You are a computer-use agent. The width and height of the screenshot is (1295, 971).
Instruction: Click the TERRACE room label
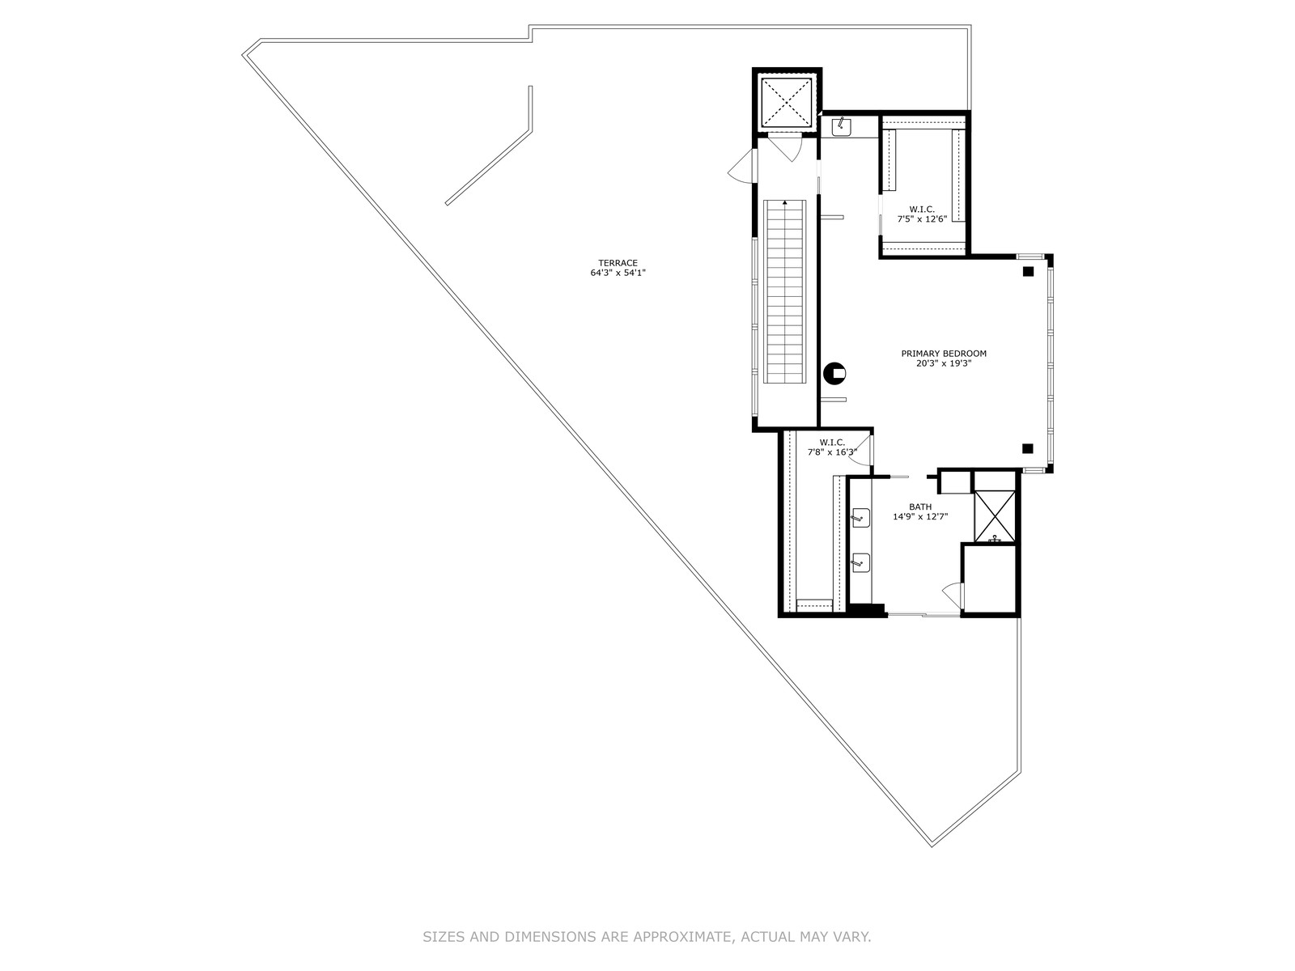[x=617, y=263]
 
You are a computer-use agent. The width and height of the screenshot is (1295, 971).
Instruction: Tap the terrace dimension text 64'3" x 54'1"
[x=617, y=273]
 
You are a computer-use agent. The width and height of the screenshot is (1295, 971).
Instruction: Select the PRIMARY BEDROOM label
[x=943, y=354]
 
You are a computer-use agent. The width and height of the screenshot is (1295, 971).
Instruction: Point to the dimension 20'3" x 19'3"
[x=943, y=364]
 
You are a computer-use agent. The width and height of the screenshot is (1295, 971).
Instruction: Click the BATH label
[x=919, y=507]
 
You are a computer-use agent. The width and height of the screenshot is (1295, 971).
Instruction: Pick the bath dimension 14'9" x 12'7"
[x=919, y=517]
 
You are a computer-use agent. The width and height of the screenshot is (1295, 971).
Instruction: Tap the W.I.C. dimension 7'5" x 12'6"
[x=922, y=219]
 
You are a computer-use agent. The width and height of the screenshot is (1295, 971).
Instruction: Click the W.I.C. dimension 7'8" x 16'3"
[x=832, y=452]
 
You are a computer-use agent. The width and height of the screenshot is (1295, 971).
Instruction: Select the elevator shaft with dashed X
[x=787, y=102]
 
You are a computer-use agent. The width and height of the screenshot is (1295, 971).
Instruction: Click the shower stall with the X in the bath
[x=994, y=516]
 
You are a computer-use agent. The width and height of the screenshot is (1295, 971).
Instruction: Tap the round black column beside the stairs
[x=834, y=373]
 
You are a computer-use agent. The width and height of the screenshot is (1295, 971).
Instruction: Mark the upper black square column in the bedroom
[x=1028, y=272]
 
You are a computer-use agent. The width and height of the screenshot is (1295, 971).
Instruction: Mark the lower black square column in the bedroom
[x=1027, y=448]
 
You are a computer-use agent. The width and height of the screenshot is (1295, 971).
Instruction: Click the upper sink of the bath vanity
[x=861, y=518]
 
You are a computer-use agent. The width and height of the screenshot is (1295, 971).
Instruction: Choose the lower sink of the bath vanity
[x=861, y=563]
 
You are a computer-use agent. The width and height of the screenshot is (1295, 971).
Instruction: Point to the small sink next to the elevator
[x=841, y=127]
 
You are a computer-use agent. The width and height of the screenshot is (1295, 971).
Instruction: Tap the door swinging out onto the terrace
[x=741, y=166]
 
